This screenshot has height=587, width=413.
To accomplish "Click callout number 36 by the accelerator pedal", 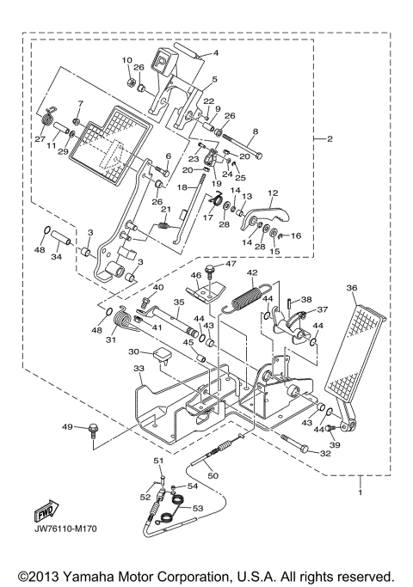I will tap(352, 288).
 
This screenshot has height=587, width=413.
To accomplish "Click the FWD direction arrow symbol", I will tap(45, 514).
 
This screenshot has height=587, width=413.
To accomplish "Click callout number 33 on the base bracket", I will tap(140, 369).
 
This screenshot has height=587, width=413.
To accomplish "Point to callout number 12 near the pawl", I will tap(272, 193).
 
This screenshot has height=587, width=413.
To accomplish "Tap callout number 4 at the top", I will tap(216, 52).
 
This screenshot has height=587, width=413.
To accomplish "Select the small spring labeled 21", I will tap(164, 227).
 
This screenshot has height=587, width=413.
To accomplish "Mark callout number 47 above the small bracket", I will tap(230, 264).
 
